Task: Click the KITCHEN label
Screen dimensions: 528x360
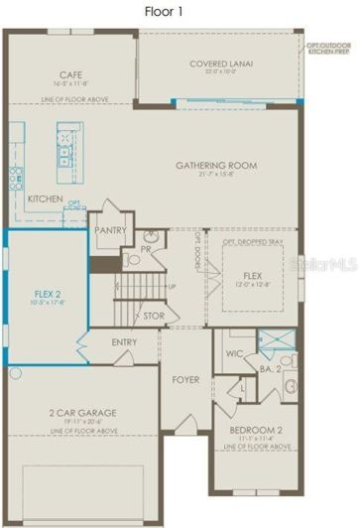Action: coord(45,199)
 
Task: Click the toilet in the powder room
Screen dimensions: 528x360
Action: coord(135,261)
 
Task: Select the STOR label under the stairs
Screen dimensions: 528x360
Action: coord(154,318)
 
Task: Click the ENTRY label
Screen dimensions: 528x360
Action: coord(125,343)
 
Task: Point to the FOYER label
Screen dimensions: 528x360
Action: coord(186,379)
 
